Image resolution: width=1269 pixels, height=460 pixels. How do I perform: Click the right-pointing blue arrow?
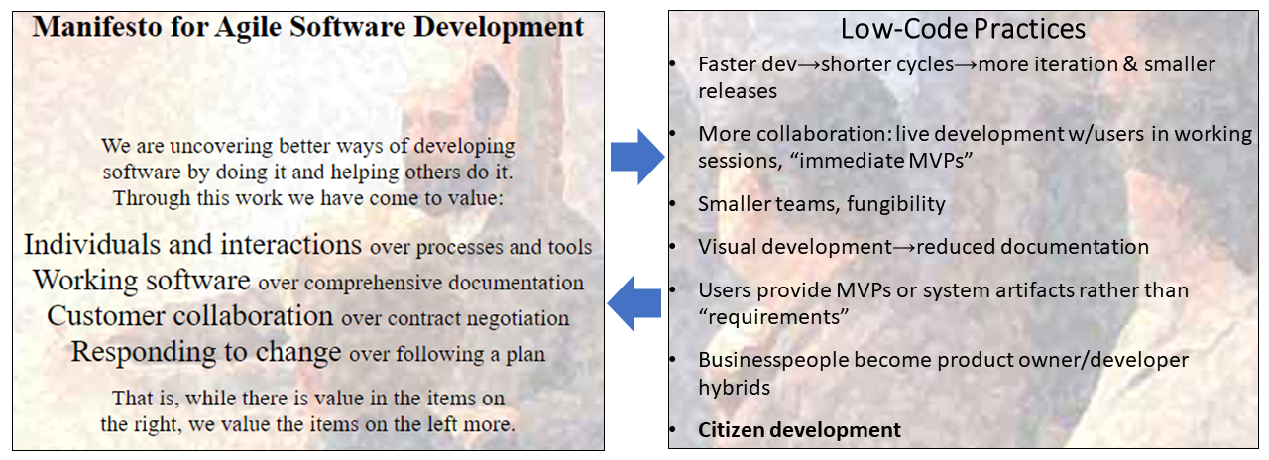(636, 155)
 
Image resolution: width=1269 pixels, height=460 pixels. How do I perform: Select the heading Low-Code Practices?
(962, 29)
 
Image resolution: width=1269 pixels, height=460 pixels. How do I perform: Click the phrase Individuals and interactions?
(192, 244)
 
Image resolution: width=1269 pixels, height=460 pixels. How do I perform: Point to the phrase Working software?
(142, 281)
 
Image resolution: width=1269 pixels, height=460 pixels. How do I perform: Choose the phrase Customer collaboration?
(189, 316)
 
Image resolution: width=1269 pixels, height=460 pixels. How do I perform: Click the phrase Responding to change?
(206, 352)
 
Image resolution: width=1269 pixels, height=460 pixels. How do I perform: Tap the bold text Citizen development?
(799, 429)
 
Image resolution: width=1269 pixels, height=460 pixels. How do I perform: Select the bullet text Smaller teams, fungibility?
(822, 204)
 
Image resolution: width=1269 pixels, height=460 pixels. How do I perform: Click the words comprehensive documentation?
(444, 284)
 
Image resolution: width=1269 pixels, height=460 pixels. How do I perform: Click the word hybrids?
(734, 387)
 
